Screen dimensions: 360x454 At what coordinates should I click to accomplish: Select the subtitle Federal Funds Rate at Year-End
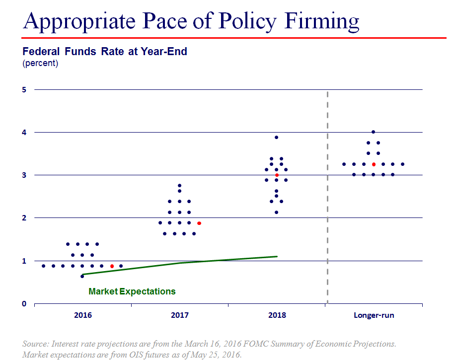click(x=105, y=51)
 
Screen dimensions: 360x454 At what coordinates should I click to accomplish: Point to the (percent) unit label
click(x=40, y=63)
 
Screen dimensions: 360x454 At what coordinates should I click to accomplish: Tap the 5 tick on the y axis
click(x=23, y=89)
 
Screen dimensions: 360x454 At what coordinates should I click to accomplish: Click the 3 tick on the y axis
click(x=23, y=175)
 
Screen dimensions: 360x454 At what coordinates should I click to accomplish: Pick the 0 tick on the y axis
click(x=23, y=303)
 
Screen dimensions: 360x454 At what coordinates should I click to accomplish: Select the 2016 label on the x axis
click(x=82, y=315)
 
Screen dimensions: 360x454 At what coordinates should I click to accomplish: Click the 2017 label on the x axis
click(x=179, y=315)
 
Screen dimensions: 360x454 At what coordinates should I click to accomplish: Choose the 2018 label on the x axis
click(x=277, y=315)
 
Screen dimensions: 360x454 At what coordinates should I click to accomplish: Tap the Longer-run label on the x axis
click(x=374, y=315)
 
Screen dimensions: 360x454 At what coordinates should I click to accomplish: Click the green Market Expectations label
click(x=132, y=291)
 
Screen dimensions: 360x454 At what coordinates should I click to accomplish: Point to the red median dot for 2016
click(x=112, y=266)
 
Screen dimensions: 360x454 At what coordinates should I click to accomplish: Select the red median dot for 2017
click(x=199, y=223)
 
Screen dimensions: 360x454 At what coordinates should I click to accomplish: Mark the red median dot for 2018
click(x=277, y=175)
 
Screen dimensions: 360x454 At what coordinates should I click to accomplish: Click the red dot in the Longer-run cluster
click(x=374, y=164)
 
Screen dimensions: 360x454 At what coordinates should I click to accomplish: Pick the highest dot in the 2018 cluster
click(x=277, y=137)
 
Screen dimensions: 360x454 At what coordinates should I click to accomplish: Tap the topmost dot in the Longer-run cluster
click(x=374, y=132)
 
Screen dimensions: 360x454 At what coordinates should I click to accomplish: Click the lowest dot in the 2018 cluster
click(x=277, y=212)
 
